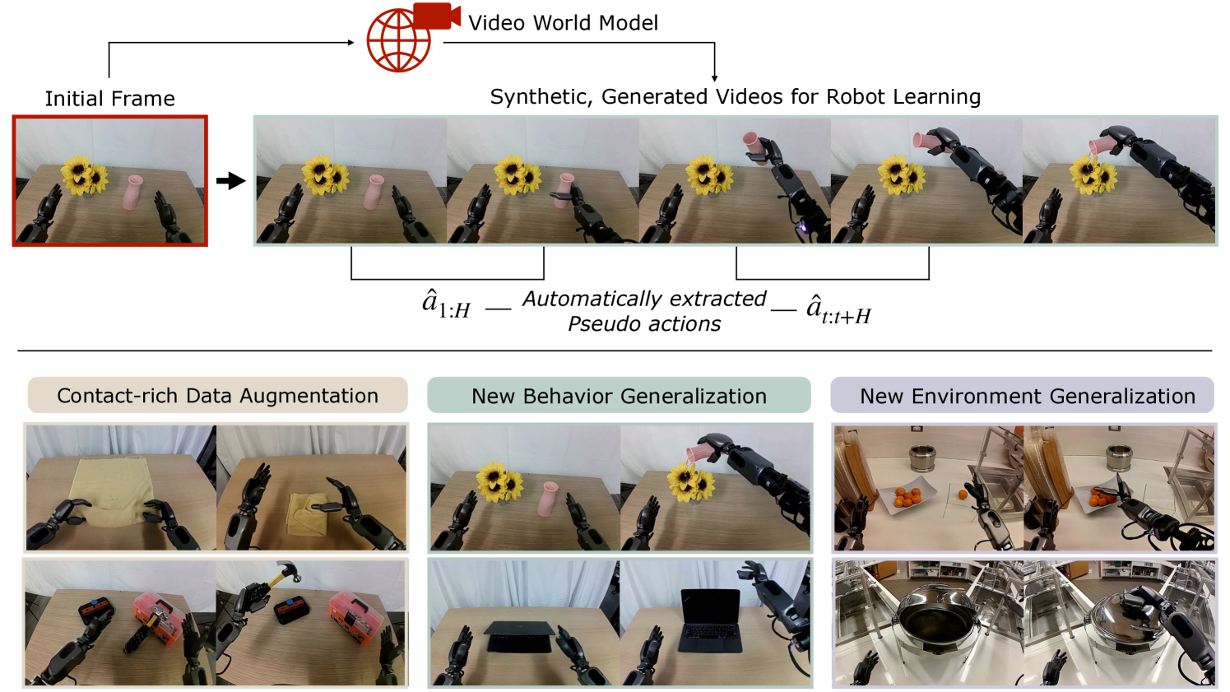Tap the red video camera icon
(x=437, y=16)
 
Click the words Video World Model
(x=563, y=23)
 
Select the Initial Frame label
(x=109, y=99)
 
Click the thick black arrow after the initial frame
(x=230, y=181)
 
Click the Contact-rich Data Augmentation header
(x=217, y=396)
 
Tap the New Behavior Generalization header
(x=619, y=396)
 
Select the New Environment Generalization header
(x=1028, y=396)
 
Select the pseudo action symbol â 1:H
(x=446, y=304)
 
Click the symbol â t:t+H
(x=838, y=309)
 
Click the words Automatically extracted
(x=644, y=299)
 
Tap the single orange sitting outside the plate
(x=962, y=495)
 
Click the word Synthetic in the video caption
(x=541, y=97)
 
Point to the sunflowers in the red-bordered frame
(x=85, y=174)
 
